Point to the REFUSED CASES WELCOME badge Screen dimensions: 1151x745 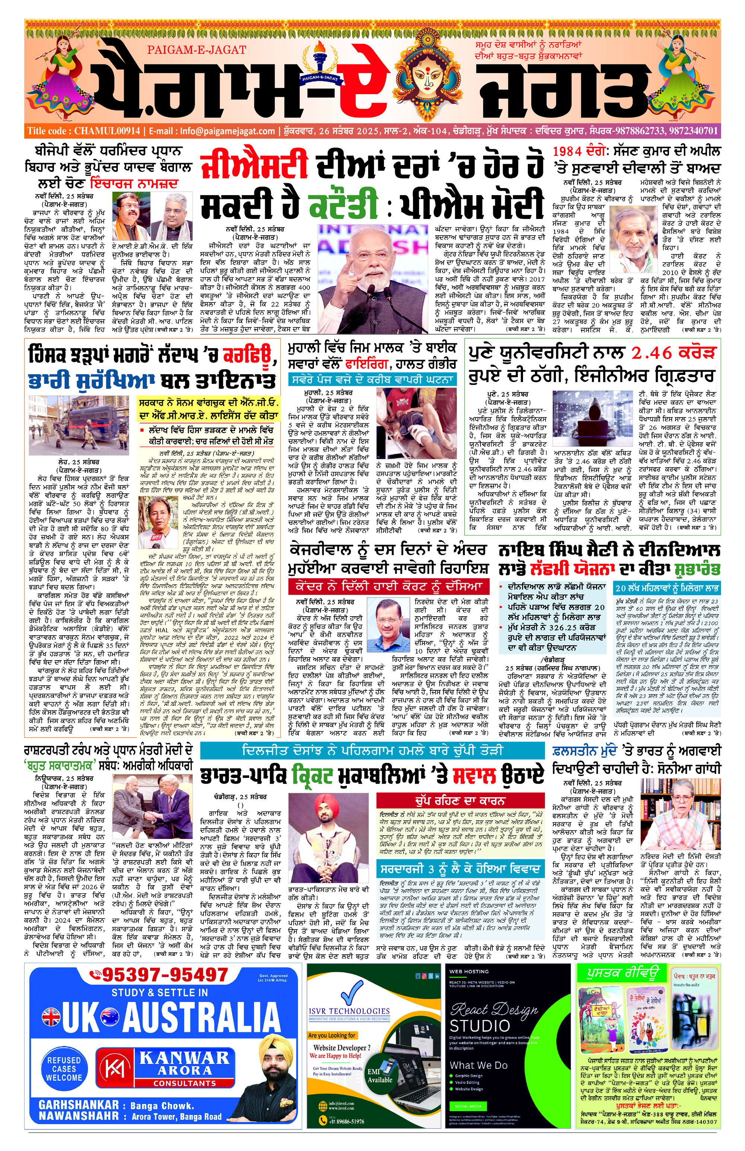click(x=64, y=1069)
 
